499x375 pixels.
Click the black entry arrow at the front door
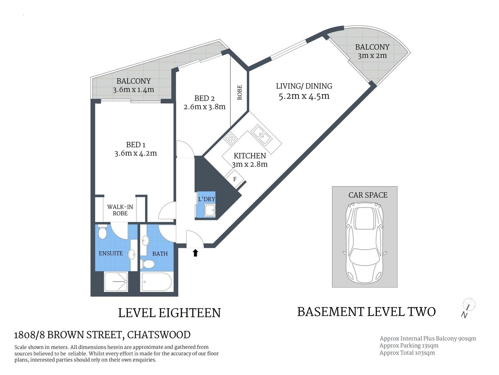195,253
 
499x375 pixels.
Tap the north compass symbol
468,305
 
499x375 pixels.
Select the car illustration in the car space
365,243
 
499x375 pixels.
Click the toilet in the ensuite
103,232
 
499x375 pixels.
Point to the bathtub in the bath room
156,282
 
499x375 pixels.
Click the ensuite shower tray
115,282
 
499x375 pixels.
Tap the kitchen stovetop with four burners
230,138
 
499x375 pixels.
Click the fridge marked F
235,179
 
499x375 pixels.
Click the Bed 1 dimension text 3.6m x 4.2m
136,154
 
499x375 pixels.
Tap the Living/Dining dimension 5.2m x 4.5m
304,96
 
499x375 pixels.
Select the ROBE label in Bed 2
239,92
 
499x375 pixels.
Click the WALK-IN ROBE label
120,210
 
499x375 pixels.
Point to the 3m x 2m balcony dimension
372,55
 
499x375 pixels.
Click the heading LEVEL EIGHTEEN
169,313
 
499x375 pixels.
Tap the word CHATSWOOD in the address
159,335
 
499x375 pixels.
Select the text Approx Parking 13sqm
409,346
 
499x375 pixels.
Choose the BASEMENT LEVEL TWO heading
366,312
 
